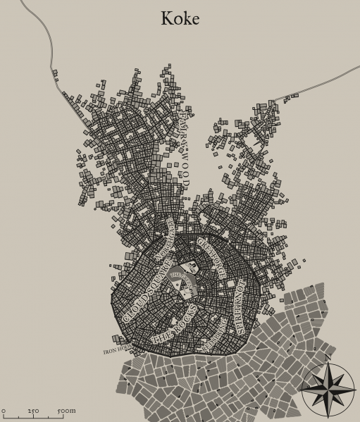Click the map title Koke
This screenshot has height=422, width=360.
(180, 18)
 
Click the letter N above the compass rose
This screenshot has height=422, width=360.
(328, 359)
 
